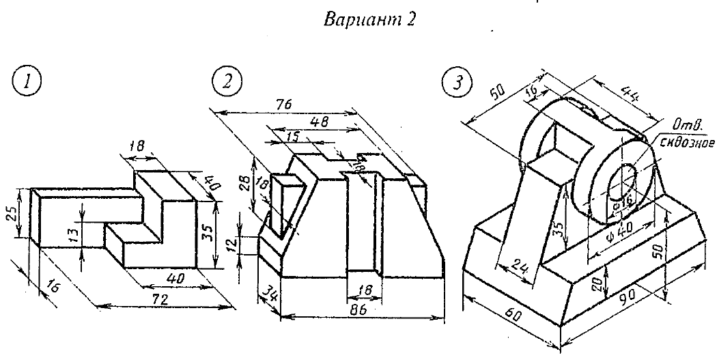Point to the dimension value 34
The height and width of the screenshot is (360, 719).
[266, 295]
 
